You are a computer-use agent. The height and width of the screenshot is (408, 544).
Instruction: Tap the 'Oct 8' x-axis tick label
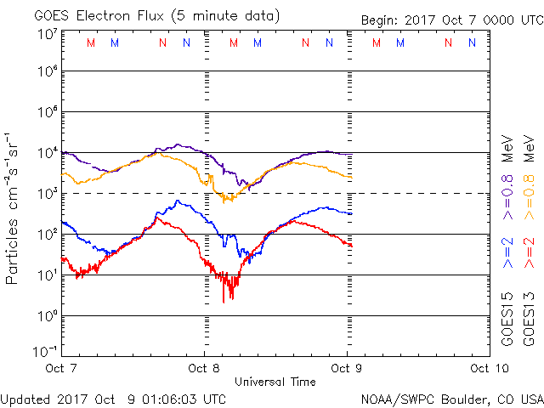pos(204,368)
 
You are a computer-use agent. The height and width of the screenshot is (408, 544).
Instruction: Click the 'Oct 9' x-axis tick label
pos(347,368)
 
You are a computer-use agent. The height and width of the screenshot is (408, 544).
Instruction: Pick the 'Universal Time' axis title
pos(275,382)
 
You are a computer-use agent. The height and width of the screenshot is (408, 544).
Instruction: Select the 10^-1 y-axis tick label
pos(45,350)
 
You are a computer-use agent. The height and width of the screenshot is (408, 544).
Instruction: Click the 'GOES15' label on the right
pos(507,320)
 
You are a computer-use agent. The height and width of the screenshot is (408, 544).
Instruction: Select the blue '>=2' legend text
pos(507,252)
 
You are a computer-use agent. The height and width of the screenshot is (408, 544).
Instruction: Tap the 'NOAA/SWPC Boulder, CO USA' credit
pos(450,398)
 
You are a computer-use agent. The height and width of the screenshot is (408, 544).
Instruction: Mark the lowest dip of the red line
pos(224,302)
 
